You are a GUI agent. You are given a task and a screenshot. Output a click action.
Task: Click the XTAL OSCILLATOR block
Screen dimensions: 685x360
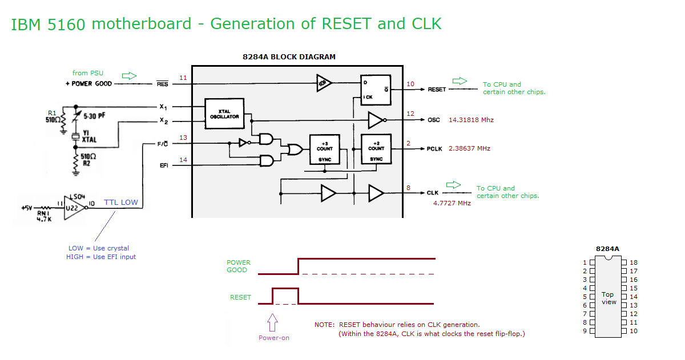pyautogui.click(x=224, y=114)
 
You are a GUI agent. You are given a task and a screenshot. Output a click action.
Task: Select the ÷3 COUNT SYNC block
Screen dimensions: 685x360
pyautogui.click(x=324, y=149)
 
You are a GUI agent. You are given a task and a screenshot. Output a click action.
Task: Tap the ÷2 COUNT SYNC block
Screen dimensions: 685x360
pyautogui.click(x=376, y=149)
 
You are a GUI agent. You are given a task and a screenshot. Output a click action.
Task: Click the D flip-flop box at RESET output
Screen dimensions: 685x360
pyautogui.click(x=376, y=90)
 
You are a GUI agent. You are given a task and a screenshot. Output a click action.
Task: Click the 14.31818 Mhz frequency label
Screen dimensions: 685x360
pyautogui.click(x=471, y=120)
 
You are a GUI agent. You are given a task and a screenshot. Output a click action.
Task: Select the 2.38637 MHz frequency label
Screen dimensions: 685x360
pyautogui.click(x=469, y=148)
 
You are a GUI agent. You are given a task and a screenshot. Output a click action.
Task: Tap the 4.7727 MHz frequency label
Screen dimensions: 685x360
pyautogui.click(x=452, y=203)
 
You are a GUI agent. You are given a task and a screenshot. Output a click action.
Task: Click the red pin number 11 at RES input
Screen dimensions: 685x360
pyautogui.click(x=183, y=78)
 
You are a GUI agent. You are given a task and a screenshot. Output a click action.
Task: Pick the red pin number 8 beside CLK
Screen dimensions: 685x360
pyautogui.click(x=408, y=188)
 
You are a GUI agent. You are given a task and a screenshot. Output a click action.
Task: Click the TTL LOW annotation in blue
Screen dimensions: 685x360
pyautogui.click(x=121, y=203)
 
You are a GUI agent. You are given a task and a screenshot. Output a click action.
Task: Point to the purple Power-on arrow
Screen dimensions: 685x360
pyautogui.click(x=272, y=322)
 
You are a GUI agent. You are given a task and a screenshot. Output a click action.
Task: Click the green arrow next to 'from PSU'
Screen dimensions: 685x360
pyautogui.click(x=129, y=76)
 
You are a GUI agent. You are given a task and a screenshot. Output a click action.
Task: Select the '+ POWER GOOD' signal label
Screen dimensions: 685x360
pyautogui.click(x=88, y=84)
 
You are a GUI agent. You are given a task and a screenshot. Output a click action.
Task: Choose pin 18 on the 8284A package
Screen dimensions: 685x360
pyautogui.click(x=624, y=262)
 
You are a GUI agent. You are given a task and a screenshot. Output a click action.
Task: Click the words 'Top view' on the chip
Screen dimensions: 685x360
pyautogui.click(x=609, y=298)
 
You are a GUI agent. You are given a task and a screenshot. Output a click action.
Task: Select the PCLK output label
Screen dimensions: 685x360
pyautogui.click(x=434, y=149)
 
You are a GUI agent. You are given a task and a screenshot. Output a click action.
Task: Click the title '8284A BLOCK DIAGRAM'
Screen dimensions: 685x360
pyautogui.click(x=289, y=57)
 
